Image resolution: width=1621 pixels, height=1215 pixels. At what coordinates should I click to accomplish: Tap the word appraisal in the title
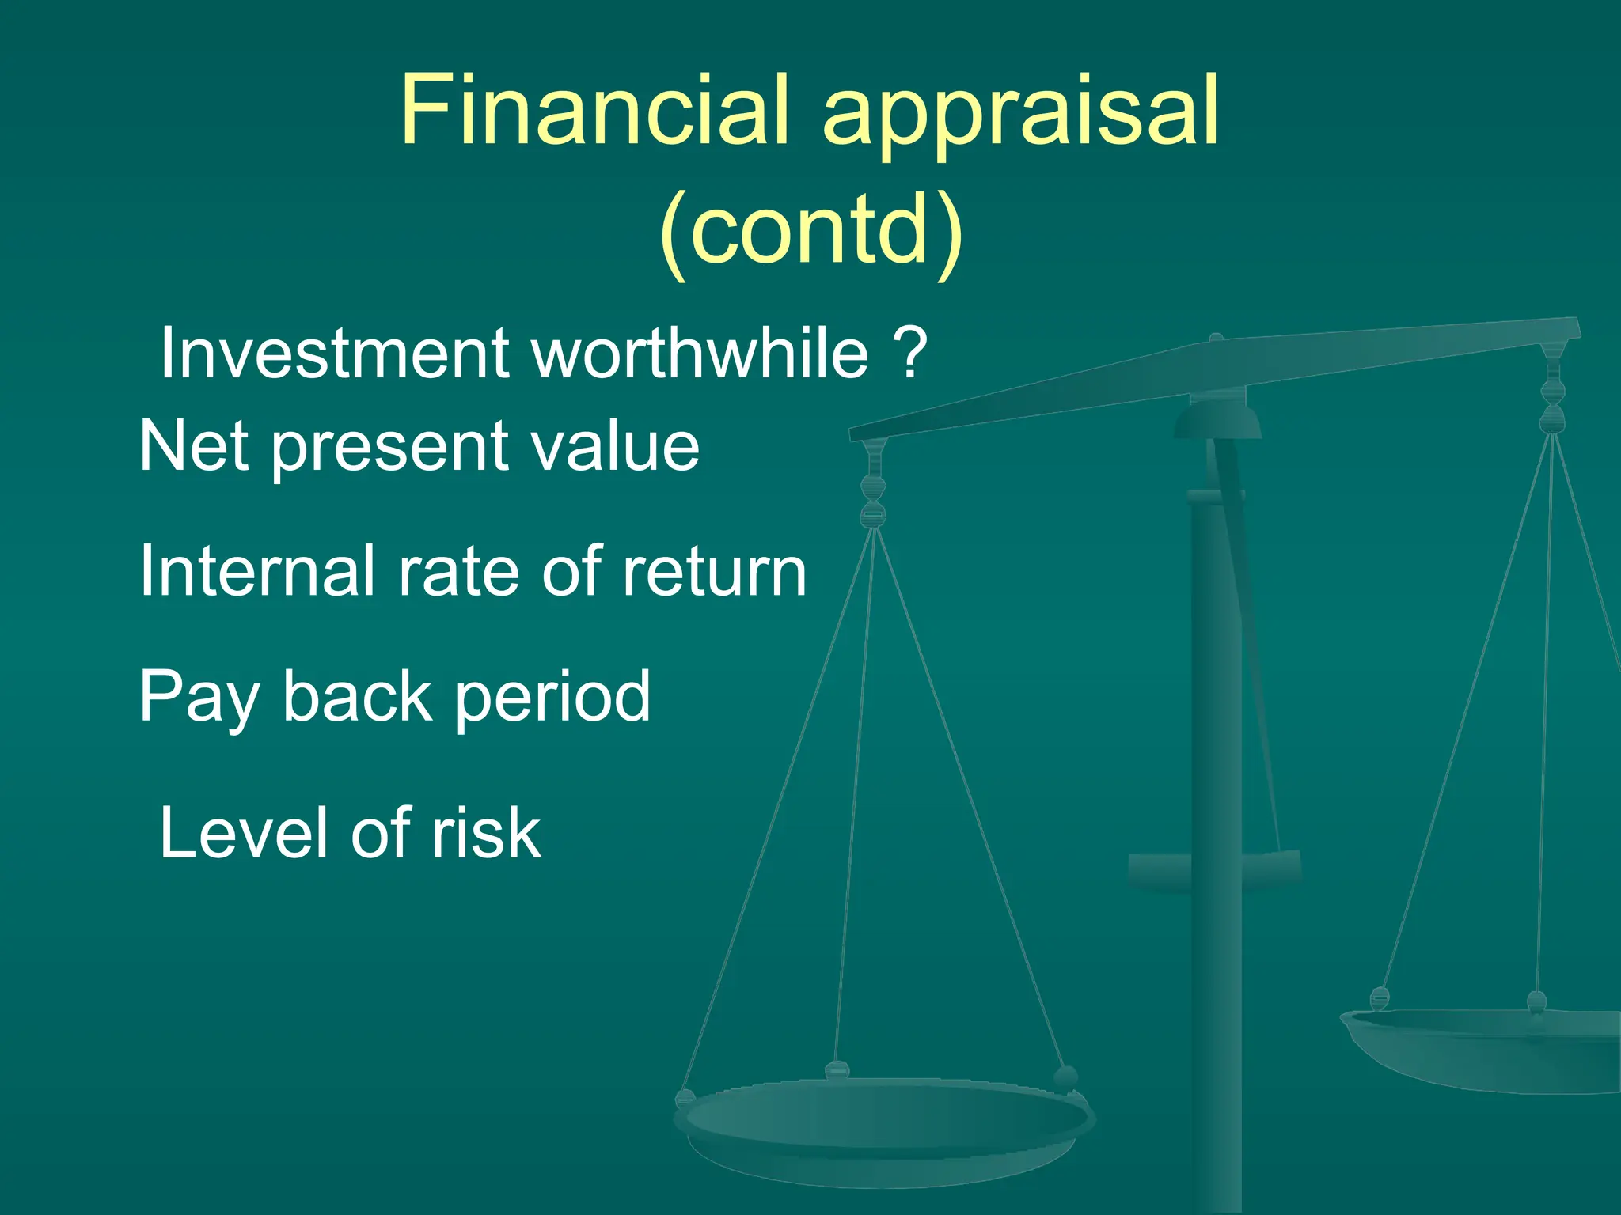(x=1021, y=115)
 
